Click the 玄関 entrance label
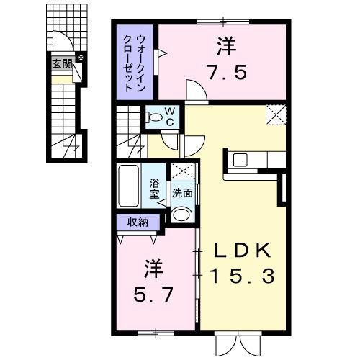click(60, 63)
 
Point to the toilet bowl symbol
click(153, 117)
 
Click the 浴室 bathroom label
click(155, 188)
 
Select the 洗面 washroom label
click(182, 193)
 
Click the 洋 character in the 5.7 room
click(153, 270)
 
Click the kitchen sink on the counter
click(238, 158)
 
